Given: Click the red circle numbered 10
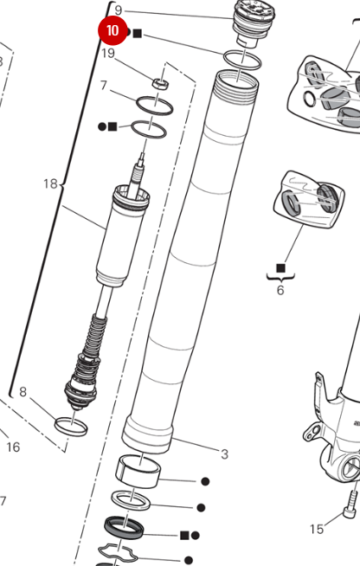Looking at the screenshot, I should coord(112,31).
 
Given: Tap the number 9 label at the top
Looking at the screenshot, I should coord(119,10).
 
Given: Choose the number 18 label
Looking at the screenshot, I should coord(50,183).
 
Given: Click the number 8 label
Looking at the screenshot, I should coord(23,392).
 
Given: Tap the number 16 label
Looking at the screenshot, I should coord(13,447).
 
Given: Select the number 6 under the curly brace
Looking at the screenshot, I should coord(280,291).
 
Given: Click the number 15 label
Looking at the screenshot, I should coord(317,528).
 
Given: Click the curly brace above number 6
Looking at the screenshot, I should coord(280,276).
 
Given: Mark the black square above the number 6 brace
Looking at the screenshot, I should coord(280,267).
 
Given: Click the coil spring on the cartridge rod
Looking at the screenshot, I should coord(96,337).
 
